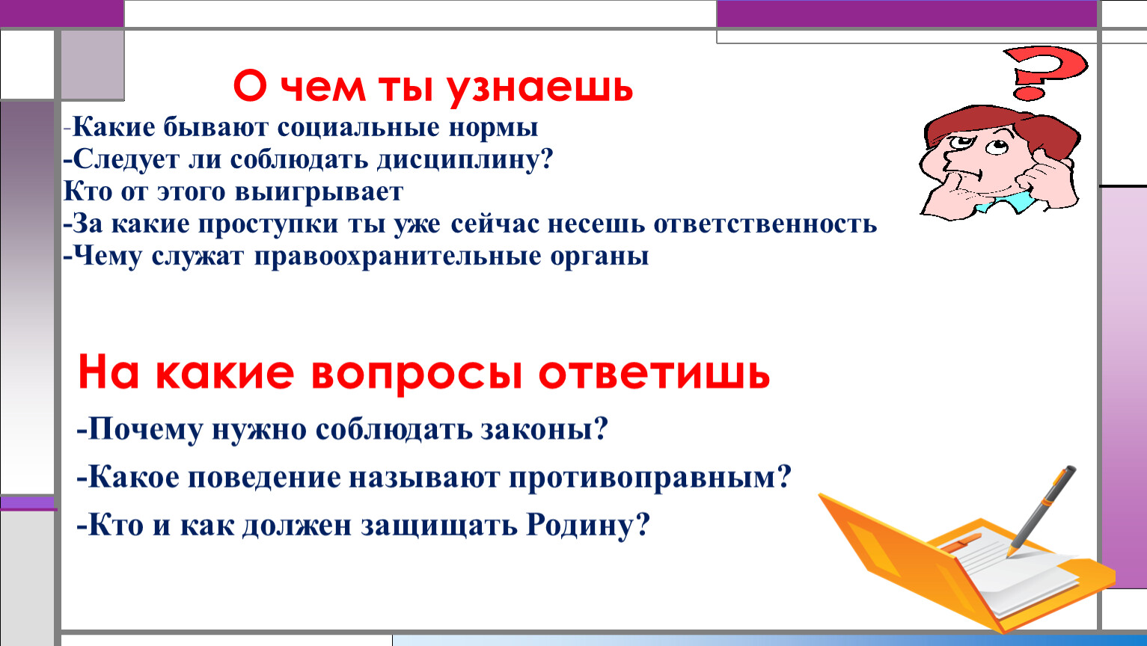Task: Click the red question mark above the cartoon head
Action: coord(1044,72)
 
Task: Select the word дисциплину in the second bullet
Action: coord(465,160)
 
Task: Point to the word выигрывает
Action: coord(319,192)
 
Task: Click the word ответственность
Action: coord(765,224)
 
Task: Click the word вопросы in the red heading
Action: coord(417,374)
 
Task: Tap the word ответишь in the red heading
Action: coord(654,374)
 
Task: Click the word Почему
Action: coord(145,430)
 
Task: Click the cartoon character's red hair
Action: coord(1003,126)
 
